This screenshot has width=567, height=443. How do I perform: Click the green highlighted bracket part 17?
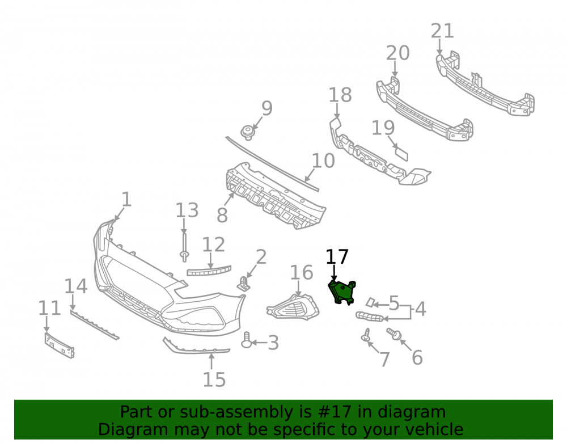pos(342,292)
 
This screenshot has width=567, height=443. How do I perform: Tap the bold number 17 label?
pos(337,257)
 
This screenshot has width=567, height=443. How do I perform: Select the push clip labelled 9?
pos(247,132)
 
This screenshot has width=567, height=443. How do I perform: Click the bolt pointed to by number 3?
pos(247,340)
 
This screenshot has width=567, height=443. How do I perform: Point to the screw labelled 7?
pos(366,335)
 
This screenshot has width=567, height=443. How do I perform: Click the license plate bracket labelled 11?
pos(60,345)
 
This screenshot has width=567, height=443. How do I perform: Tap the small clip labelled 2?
pos(244,284)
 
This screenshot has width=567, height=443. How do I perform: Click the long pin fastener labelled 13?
pos(184,247)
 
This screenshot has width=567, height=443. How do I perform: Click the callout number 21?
pos(442,31)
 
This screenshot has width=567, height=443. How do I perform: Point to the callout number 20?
pos(398,53)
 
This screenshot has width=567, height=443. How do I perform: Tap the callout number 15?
pos(214,379)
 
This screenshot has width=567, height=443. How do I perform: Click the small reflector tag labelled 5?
pos(370,302)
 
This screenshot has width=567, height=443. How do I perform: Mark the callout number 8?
pos(222,215)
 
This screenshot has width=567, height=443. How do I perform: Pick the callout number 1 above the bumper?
pos(126,200)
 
